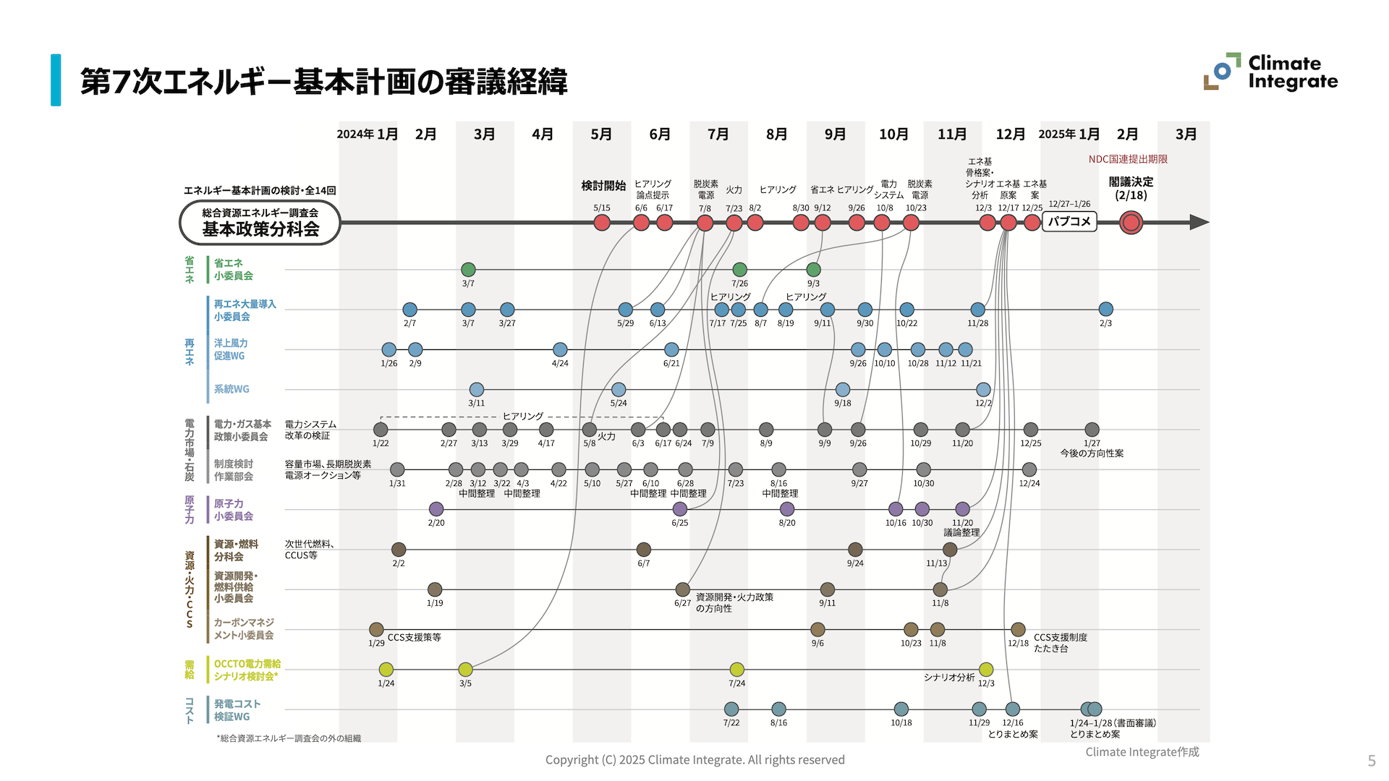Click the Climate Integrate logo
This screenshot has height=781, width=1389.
pos(1270,72)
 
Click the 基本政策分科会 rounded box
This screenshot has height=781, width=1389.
pos(260,223)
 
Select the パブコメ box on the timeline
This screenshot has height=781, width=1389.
pos(1069,221)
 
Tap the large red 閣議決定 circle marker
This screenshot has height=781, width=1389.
pos(1131,223)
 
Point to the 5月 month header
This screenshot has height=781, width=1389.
pos(601,135)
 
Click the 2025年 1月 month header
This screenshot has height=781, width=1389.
pos(1069,135)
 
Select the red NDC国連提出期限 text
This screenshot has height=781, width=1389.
pos(1128,159)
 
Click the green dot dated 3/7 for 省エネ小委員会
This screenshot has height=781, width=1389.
pos(468,270)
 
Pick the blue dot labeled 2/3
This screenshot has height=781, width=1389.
pos(1105,310)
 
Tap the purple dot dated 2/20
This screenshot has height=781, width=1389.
pos(436,509)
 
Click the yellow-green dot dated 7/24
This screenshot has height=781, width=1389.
pos(736,670)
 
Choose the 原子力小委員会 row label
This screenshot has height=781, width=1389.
pos(233,510)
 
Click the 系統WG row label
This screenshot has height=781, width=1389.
pos(231,389)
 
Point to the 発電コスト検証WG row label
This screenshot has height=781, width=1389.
pos(237,710)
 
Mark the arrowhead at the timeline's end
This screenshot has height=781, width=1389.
pos(1199,223)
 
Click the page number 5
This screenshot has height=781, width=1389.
pos(1371,761)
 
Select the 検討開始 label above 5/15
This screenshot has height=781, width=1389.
pos(603,186)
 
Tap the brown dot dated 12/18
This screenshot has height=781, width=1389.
pos(1018,630)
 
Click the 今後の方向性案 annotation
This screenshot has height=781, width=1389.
pos(1092,453)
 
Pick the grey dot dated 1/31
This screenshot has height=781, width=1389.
pos(397,470)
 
